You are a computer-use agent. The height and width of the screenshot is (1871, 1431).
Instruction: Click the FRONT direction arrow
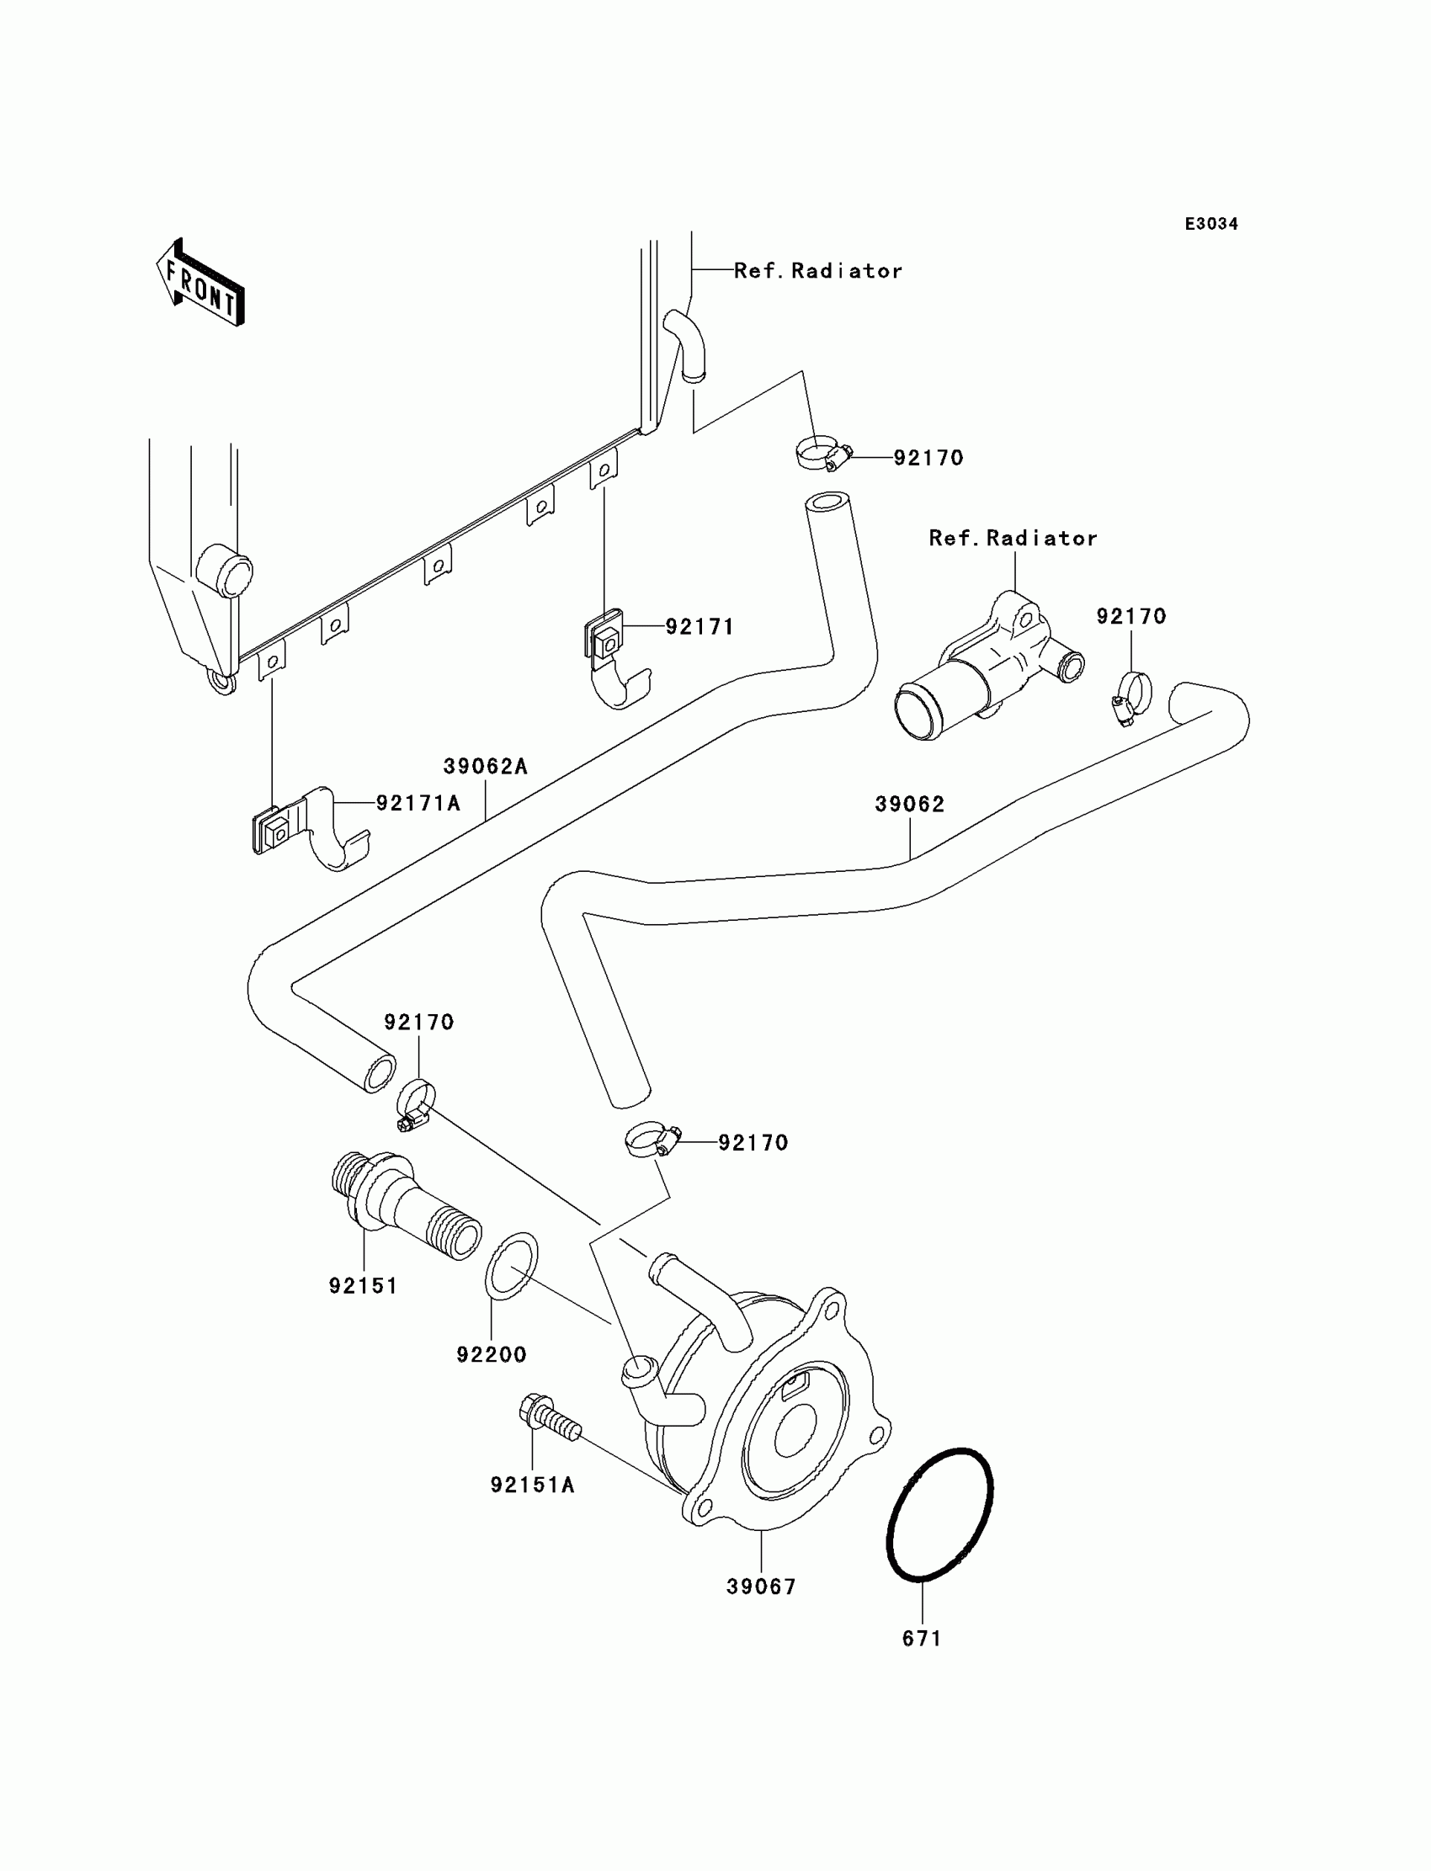[201, 283]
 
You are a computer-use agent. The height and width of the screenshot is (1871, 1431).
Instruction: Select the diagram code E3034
[1211, 224]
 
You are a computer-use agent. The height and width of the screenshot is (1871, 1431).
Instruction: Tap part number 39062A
[486, 767]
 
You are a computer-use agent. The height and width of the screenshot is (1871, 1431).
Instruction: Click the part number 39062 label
[910, 804]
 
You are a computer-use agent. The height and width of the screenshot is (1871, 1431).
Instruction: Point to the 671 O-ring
[940, 1515]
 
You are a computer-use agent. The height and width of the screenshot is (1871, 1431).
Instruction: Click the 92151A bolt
[550, 1422]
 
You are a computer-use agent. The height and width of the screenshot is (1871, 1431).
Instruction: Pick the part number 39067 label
[762, 1587]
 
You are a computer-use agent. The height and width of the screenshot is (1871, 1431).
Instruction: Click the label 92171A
[418, 802]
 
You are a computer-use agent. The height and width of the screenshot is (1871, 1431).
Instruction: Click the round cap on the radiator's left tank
[224, 570]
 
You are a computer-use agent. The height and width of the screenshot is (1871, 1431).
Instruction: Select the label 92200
[492, 1355]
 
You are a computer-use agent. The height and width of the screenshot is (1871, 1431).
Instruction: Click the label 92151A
[532, 1486]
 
